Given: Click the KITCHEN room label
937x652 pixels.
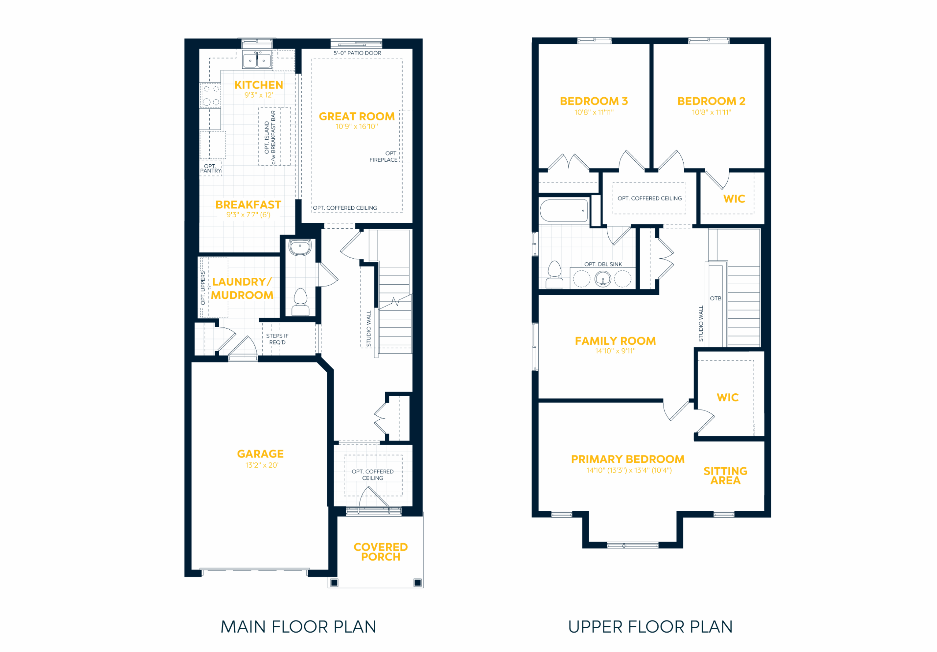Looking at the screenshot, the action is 259,85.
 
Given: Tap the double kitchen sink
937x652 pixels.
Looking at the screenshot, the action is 257,60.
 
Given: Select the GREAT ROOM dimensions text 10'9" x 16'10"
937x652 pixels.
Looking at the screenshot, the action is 356,127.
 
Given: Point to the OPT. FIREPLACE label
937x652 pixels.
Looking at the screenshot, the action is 383,157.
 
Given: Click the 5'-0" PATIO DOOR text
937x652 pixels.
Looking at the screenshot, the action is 357,53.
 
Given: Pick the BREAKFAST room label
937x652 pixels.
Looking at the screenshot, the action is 248,205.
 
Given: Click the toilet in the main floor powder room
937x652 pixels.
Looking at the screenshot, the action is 300,302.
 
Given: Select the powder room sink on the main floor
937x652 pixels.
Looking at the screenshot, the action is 300,247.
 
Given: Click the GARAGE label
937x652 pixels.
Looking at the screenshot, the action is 260,454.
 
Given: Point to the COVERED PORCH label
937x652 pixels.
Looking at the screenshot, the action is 380,552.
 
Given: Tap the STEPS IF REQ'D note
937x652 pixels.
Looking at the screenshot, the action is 277,339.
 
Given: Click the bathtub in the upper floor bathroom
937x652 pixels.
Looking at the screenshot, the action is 564,210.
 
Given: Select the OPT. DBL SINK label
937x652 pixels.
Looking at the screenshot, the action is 603,265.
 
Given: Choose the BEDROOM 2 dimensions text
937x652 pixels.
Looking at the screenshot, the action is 711,112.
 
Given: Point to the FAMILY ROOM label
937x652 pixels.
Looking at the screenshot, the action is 615,341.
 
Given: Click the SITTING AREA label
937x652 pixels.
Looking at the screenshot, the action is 725,476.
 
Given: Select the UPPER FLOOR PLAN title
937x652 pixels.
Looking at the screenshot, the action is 650,627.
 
